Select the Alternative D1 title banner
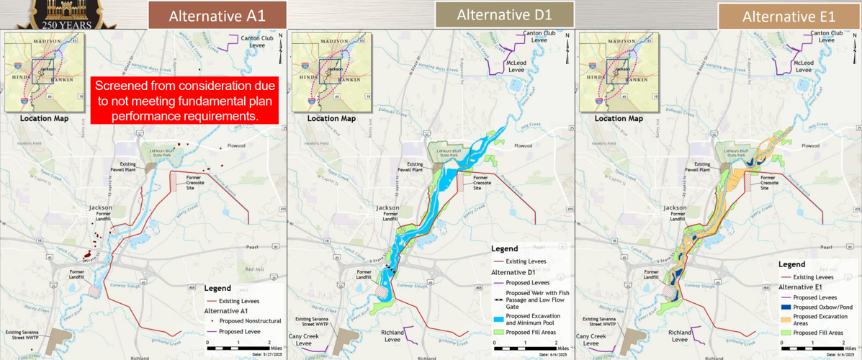tap(504, 14)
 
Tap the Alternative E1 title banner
tap(789, 15)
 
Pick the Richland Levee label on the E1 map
tap(679, 336)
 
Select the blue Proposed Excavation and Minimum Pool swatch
tap(498, 318)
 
